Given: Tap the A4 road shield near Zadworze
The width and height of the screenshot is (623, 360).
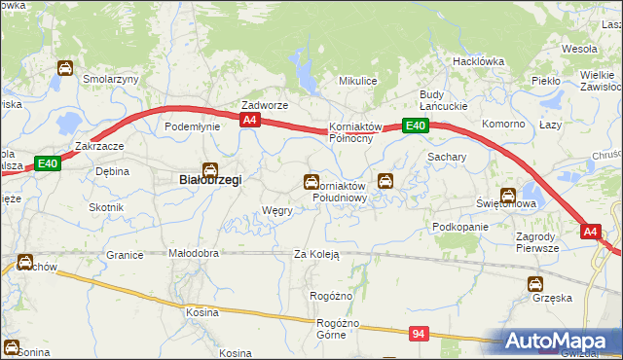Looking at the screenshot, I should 250,120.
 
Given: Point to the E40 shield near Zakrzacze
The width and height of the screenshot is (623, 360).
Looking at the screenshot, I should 49,164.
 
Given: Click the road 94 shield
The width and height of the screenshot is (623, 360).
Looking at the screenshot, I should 419,334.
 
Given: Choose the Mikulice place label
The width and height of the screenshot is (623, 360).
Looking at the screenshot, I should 357,82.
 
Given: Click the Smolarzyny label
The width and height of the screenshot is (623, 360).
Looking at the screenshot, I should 112,79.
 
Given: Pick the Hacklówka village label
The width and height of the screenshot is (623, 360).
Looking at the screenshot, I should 477,60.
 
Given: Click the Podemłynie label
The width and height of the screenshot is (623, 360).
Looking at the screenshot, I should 190,126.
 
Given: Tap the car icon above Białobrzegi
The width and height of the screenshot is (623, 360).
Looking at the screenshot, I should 209,167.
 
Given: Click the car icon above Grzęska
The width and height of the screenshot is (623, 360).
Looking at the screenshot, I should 534,284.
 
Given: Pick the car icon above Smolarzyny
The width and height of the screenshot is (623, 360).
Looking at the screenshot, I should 64,68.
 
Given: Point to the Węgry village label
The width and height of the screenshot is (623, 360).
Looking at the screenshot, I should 277,210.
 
